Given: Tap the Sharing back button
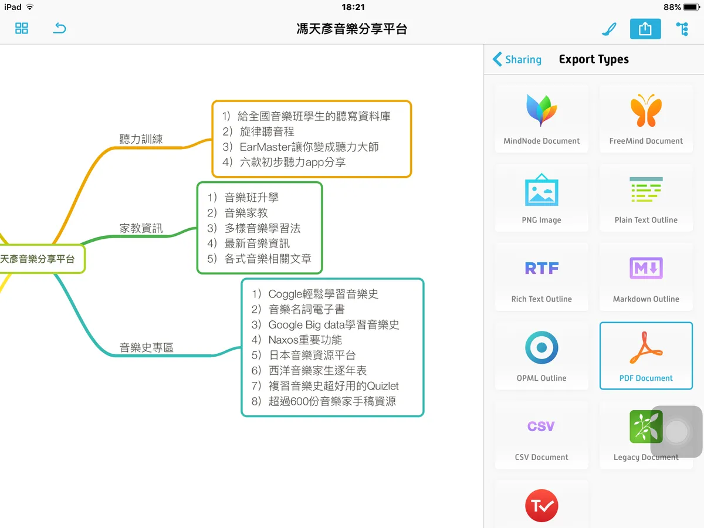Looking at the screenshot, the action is coord(517,59).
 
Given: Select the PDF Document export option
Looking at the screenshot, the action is coord(646,356).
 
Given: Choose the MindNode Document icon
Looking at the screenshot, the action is coord(541,110).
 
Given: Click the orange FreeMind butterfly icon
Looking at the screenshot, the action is coord(646,110).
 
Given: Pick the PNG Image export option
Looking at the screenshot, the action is coord(541,198).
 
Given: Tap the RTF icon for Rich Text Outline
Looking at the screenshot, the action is coord(541,268).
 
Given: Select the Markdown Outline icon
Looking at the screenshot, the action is coord(646,268).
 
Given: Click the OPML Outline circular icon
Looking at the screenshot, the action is coord(541,347).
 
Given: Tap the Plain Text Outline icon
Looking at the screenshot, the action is coord(646,189).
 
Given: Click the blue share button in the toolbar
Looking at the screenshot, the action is coord(645,29).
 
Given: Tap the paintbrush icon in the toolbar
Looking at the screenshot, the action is coord(609,29).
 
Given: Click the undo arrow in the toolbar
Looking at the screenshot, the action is coord(59,28).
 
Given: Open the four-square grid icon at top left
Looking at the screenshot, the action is coord(22,28).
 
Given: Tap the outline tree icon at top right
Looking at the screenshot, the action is coord(682,29).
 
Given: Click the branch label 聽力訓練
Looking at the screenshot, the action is coord(141,139).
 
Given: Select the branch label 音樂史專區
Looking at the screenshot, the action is coord(146,347).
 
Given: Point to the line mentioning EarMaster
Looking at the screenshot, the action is coord(300,147).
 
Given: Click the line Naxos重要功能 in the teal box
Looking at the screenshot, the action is coord(297,340).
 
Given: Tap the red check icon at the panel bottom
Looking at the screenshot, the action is coord(541,506).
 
